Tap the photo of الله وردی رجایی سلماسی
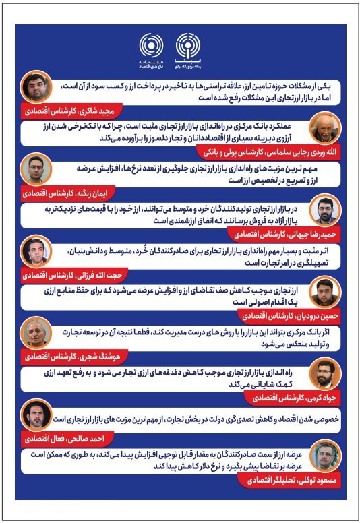click(326, 126)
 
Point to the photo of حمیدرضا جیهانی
click(326, 212)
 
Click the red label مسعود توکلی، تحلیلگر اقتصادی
click(289, 483)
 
